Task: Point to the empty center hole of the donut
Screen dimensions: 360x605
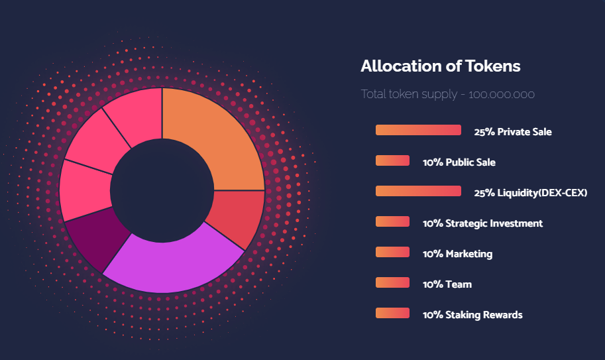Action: point(162,190)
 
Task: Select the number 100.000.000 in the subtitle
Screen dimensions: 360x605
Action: point(502,95)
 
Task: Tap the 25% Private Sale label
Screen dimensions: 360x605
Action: point(512,132)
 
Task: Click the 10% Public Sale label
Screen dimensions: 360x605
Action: point(459,162)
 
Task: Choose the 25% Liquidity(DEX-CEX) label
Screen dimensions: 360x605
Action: point(530,193)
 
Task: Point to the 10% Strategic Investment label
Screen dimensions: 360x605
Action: point(482,223)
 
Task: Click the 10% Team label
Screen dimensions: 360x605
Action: point(447,284)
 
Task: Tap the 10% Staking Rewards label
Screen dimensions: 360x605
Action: point(472,315)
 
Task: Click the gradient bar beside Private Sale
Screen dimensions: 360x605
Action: point(418,130)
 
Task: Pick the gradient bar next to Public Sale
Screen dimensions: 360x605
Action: point(392,160)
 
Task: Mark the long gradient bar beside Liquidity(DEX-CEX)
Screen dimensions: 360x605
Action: point(418,191)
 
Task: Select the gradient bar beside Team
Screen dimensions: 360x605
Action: point(392,282)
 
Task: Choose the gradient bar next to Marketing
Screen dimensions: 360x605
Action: point(392,252)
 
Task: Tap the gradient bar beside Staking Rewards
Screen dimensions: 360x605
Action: point(392,313)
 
